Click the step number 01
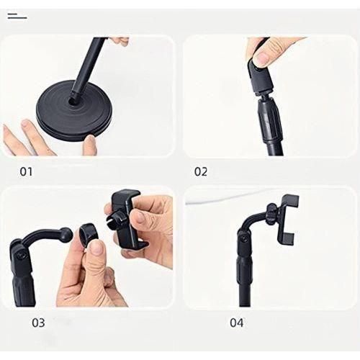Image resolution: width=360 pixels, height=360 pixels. [x=26, y=172]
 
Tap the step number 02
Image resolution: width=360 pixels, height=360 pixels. [x=200, y=172]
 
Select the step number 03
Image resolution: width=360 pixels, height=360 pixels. [x=38, y=323]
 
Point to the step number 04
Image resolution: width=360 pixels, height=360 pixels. [x=236, y=322]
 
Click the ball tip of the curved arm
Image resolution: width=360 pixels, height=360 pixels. [x=66, y=234]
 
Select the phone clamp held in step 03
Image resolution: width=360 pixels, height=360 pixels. [x=127, y=219]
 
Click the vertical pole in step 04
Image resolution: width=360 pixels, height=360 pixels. [x=246, y=281]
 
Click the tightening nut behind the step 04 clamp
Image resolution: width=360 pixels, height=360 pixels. [x=271, y=214]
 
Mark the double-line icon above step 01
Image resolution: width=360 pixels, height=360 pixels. [x=17, y=15]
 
